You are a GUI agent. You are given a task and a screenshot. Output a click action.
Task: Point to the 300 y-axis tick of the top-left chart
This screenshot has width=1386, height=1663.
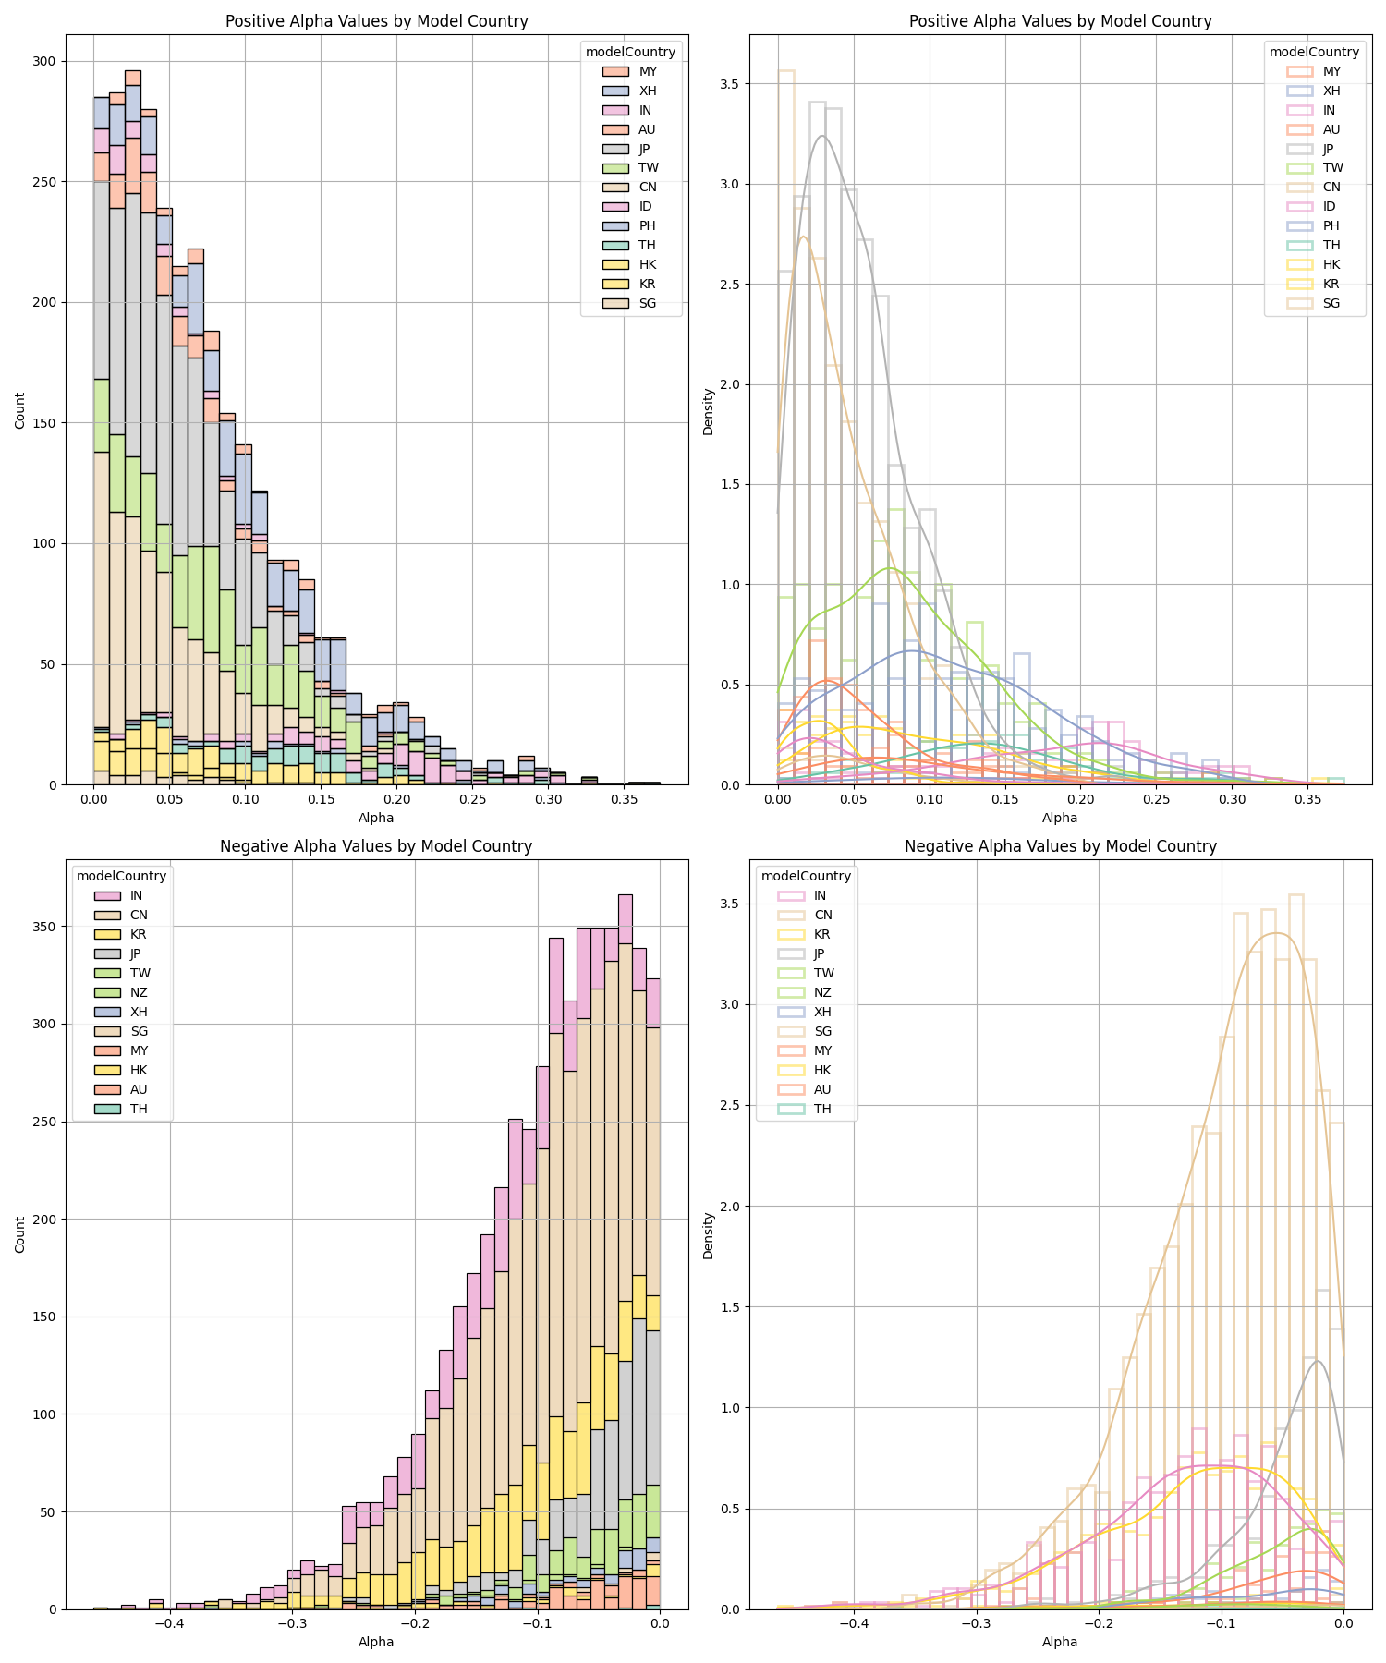click(x=45, y=62)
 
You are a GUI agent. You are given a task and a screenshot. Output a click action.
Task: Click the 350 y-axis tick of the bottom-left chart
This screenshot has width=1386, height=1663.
click(x=45, y=927)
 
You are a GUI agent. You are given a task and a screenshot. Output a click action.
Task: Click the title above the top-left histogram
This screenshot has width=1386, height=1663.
click(x=377, y=21)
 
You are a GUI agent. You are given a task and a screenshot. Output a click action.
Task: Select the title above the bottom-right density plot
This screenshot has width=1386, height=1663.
click(x=1060, y=846)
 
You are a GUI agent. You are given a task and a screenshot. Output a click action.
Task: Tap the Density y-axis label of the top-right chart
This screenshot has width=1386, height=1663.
click(x=709, y=411)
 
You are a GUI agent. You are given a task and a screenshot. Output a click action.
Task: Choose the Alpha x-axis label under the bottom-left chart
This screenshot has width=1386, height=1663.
click(x=376, y=1643)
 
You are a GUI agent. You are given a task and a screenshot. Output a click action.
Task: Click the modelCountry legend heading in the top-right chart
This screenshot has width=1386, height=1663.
click(x=1314, y=53)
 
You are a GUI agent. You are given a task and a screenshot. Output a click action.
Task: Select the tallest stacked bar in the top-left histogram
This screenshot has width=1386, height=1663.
click(x=133, y=428)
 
